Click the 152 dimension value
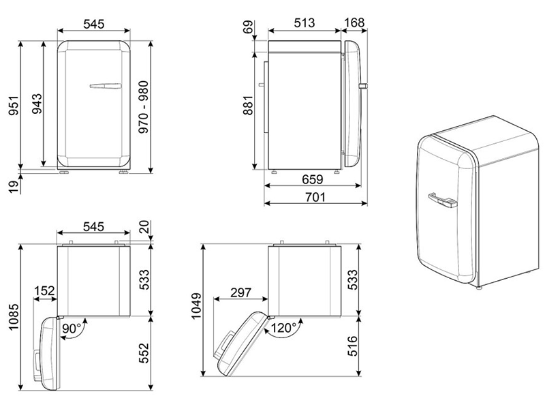(45, 292)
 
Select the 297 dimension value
(240, 292)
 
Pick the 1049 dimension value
(196, 310)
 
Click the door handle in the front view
(104, 87)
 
